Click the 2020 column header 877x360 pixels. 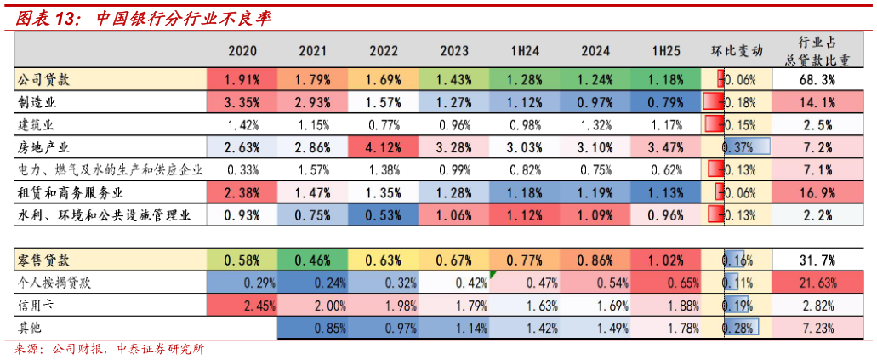242,51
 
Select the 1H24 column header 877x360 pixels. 525,51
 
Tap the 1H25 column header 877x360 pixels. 666,51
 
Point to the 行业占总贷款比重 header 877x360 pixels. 815,50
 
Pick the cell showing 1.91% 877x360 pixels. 242,80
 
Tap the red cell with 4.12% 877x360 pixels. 384,147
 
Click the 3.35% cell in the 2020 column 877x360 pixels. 242,103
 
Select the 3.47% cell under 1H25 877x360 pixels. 666,147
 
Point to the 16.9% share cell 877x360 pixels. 815,191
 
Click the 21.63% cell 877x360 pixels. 815,282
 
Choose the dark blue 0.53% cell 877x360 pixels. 384,214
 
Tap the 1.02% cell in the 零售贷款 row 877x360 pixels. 666,259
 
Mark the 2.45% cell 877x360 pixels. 242,304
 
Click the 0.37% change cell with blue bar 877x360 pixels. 737,147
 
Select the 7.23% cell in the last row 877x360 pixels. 815,326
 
